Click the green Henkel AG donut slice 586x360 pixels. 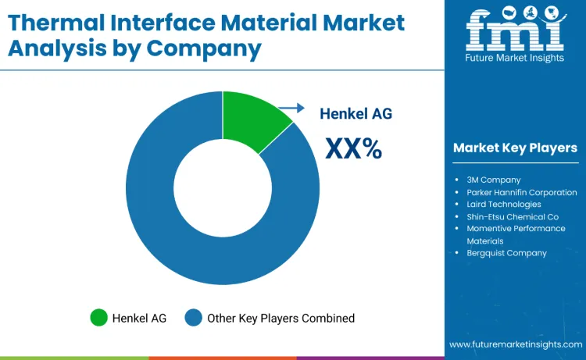click(x=252, y=120)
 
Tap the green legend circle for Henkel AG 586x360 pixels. click(x=98, y=318)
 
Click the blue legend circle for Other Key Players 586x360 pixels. click(x=193, y=318)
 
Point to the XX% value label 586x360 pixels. click(x=354, y=148)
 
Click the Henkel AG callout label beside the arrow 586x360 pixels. click(x=356, y=113)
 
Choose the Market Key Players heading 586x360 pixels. click(x=515, y=148)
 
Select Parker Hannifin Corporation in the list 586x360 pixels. click(x=522, y=192)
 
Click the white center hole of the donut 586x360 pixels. click(x=223, y=187)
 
